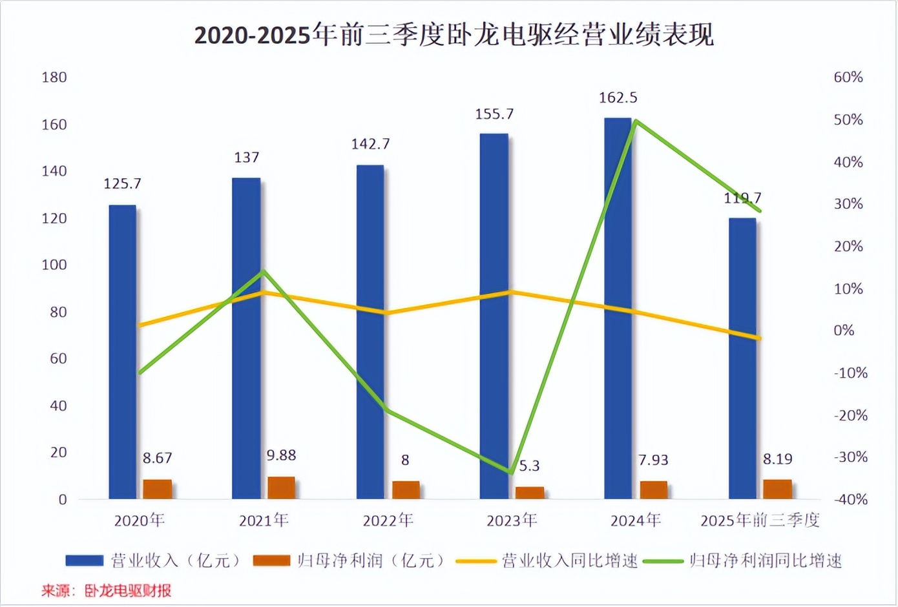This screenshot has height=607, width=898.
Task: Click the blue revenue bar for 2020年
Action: pos(122,352)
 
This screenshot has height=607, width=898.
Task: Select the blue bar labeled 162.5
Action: pos(618,308)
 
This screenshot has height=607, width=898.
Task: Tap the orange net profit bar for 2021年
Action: pos(281,488)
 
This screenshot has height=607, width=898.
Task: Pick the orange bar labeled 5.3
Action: pos(530,493)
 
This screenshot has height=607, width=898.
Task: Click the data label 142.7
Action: pos(370,144)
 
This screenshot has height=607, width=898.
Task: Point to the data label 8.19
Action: pos(777,459)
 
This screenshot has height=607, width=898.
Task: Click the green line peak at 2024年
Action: pos(636,121)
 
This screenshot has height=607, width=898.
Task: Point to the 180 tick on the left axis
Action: pos(54,77)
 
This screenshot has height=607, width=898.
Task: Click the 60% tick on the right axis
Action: pos(848,77)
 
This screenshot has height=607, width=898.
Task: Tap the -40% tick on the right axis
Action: pos(850,499)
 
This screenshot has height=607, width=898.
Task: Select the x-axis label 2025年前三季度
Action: pos(760,520)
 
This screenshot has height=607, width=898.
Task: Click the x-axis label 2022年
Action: pos(388,520)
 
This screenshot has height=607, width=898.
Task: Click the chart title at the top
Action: pos(454,35)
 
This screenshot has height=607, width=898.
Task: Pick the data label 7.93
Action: pos(653,460)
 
